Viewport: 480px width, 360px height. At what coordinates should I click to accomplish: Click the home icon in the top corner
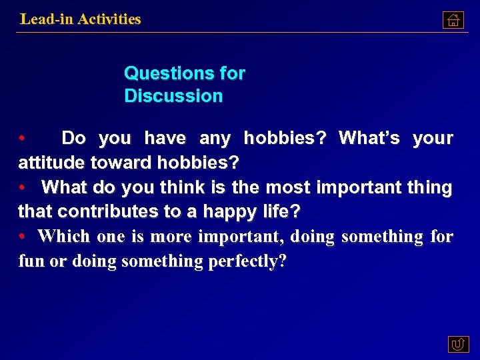point(453,21)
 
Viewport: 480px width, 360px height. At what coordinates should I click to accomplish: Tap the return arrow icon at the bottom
point(458,344)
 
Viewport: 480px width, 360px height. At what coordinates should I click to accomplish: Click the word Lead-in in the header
point(47,19)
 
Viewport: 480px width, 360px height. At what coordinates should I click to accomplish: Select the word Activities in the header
point(109,19)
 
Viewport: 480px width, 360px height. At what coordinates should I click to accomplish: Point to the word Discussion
point(173,96)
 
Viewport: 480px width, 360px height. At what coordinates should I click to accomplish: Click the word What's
point(369,139)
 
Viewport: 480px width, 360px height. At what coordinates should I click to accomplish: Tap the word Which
point(65,237)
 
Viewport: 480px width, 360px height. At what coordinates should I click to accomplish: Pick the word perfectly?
point(247,261)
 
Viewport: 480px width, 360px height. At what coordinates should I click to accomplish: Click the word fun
point(31,261)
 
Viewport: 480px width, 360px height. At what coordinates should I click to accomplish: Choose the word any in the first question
point(215,139)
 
